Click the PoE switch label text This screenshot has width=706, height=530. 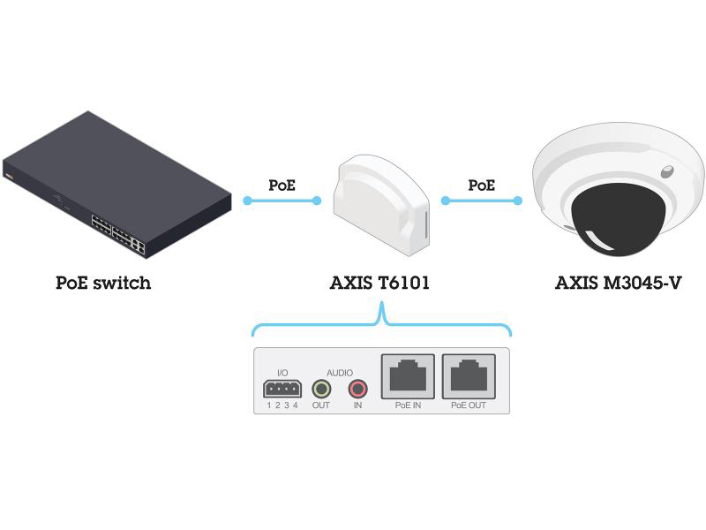pyautogui.click(x=103, y=284)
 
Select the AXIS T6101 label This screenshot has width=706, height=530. pyautogui.click(x=381, y=284)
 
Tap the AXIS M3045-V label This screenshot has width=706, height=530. pyautogui.click(x=619, y=284)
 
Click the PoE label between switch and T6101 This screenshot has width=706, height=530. pyautogui.click(x=282, y=185)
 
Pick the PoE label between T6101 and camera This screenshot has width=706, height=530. pyautogui.click(x=481, y=185)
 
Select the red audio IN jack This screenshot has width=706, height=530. pyautogui.click(x=357, y=388)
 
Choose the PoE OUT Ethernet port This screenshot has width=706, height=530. pyautogui.click(x=468, y=377)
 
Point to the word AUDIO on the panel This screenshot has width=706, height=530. pyautogui.click(x=339, y=373)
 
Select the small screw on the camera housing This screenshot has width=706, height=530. pyautogui.click(x=667, y=170)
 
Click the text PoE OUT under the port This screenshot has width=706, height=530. pyautogui.click(x=468, y=405)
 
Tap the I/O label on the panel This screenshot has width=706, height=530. pyautogui.click(x=282, y=373)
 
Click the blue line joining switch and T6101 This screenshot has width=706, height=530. pyautogui.click(x=282, y=201)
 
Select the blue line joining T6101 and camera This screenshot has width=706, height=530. pyautogui.click(x=481, y=201)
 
